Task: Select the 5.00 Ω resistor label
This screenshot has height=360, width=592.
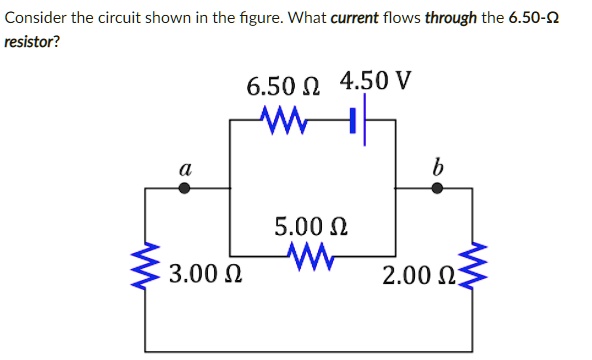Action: click(x=309, y=224)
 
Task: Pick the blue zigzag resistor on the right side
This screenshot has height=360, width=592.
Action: click(x=471, y=268)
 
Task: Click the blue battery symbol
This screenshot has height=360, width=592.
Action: click(x=359, y=122)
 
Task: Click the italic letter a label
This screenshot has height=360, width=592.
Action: click(x=184, y=168)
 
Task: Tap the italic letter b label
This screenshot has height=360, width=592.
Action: click(x=436, y=166)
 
